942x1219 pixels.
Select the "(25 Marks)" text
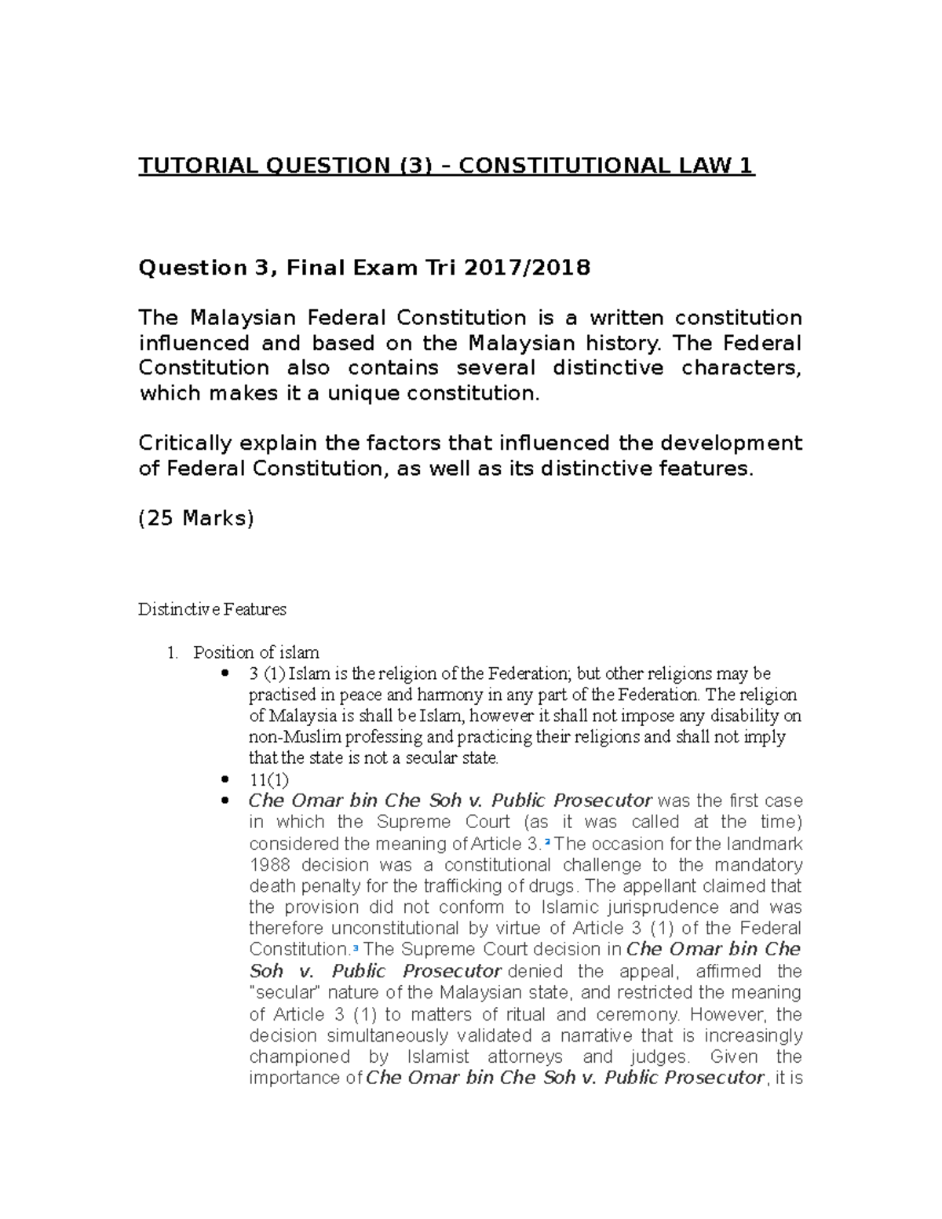click(x=195, y=518)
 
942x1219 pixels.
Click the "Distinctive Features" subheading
click(x=212, y=609)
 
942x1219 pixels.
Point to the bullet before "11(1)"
click(x=226, y=779)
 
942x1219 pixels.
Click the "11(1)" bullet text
click(x=268, y=780)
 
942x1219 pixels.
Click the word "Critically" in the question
click(x=184, y=443)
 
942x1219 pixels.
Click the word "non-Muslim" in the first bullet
click(x=288, y=737)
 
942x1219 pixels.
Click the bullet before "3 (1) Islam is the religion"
click(x=226, y=673)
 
